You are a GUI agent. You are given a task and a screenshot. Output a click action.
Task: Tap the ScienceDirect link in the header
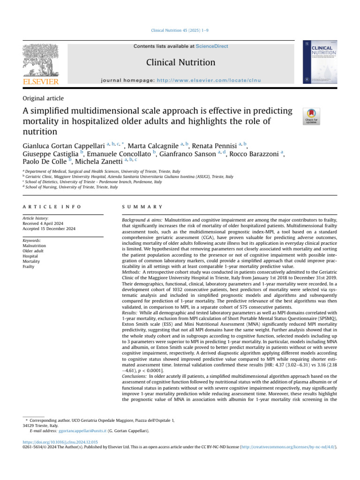[x=212, y=46]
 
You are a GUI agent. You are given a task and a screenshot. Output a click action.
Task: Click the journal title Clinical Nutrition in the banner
[x=180, y=62]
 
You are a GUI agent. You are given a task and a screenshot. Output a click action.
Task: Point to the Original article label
[x=43, y=98]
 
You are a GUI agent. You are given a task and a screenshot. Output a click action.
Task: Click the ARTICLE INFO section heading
[x=52, y=206]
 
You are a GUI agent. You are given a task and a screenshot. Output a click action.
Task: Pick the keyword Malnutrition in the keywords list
[x=34, y=245]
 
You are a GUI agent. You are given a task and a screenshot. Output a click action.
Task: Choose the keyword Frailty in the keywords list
[x=29, y=266]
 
